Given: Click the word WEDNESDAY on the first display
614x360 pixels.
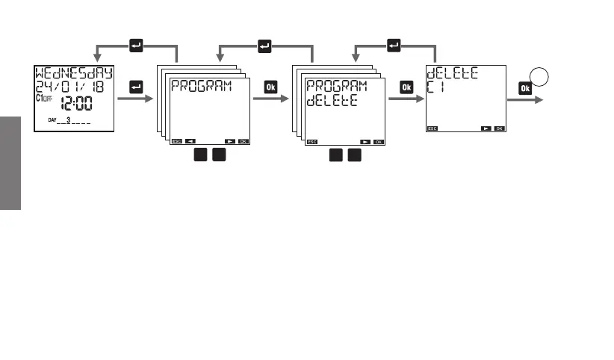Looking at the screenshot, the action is coord(74,73).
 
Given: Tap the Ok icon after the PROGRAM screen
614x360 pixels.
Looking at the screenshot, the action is coord(270,87).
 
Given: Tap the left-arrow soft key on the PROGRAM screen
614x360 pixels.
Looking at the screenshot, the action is coord(190,140).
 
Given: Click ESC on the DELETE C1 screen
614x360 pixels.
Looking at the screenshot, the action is coord(432,128).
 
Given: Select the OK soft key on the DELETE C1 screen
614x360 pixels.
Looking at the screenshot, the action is coord(499,128).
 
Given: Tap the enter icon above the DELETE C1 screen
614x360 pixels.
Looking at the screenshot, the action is coord(394,46).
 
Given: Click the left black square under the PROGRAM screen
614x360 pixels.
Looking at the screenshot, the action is coord(201,155).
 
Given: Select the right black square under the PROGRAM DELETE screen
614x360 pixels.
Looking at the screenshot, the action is coord(355,155).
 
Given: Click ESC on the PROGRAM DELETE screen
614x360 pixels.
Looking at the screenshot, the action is coord(312,140).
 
